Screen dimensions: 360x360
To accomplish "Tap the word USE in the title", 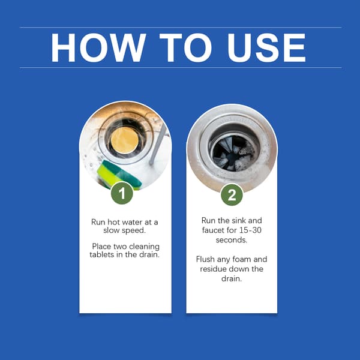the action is pos(266,47).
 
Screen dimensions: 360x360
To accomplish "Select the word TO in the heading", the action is pos(185,47).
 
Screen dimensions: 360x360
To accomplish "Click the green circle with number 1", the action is pos(122,193).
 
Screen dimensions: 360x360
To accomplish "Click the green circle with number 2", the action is pos(232,194).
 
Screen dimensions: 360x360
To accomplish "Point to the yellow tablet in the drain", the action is pos(125,140).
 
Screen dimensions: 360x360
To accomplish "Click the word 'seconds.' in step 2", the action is pos(232,240).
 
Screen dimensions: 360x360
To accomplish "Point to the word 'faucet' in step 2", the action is pos(213,230).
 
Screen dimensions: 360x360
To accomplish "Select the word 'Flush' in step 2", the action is pos(205,259).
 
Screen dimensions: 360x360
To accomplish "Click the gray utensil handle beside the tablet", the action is pos(158,145).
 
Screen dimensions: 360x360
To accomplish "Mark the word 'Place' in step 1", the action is pos(101,247).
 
